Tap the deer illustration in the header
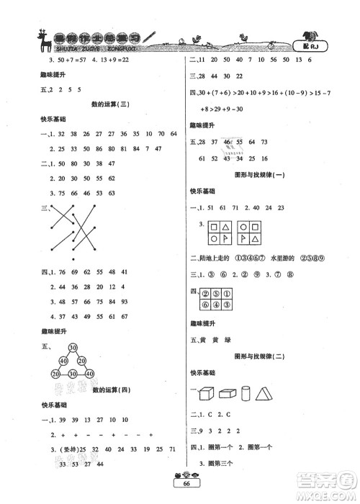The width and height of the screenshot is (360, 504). click(x=33, y=40)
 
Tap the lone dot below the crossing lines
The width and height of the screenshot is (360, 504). click(x=72, y=257)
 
